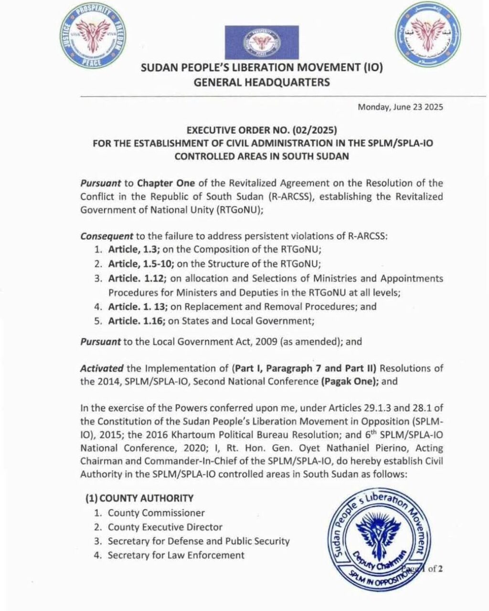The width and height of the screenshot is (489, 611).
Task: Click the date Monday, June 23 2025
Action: click(400, 107)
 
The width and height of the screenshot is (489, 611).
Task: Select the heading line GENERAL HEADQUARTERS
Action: click(261, 83)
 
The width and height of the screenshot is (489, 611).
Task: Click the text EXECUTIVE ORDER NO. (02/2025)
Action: click(261, 129)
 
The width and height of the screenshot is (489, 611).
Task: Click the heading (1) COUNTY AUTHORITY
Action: click(139, 498)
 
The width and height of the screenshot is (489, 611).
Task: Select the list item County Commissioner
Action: click(156, 513)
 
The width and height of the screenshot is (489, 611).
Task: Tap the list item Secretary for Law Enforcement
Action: click(176, 555)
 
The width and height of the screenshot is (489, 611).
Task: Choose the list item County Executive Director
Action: click(165, 527)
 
